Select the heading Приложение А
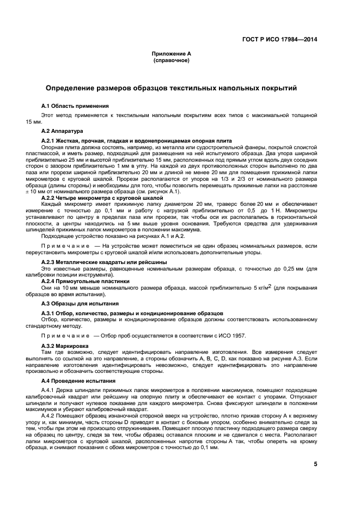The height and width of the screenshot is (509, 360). point(171,54)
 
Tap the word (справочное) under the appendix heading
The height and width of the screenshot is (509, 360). point(171,60)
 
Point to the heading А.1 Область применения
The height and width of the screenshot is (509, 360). point(75,105)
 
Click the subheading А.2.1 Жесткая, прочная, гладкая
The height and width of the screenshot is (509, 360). point(136,140)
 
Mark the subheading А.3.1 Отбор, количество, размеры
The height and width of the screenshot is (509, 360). point(132,313)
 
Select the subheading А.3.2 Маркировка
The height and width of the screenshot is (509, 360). point(68,346)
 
